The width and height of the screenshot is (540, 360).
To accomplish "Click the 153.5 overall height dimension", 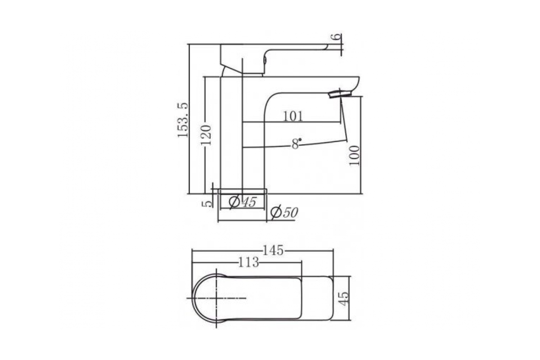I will click(182, 120).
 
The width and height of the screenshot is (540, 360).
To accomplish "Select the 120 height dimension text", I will click(206, 133).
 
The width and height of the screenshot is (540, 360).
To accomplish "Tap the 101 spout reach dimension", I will click(293, 116).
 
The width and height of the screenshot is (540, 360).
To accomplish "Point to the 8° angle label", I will click(296, 144).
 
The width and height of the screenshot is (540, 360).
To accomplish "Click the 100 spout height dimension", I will click(355, 155).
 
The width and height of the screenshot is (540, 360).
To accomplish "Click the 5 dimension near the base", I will click(207, 203).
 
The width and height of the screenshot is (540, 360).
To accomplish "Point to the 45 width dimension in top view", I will click(343, 298).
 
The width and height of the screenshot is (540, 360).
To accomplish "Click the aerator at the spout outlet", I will click(340, 94).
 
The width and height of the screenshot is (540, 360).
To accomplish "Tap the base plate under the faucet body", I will click(242, 191).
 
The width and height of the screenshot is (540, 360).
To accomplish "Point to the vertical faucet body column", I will click(231, 135).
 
